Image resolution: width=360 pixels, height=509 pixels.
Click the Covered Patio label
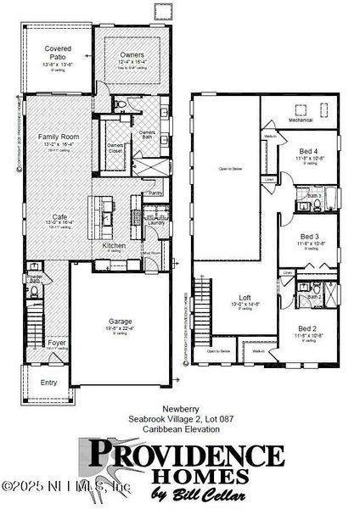tap(58, 53)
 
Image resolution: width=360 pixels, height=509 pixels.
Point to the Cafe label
tap(58, 216)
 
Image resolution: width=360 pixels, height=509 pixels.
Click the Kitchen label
tap(115, 245)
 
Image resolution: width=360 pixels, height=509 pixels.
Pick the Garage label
tap(120, 322)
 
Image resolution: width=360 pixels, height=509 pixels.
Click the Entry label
tap(49, 383)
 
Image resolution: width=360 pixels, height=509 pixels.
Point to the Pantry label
tap(155, 193)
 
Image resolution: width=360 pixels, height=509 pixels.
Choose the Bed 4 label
tap(308, 151)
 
